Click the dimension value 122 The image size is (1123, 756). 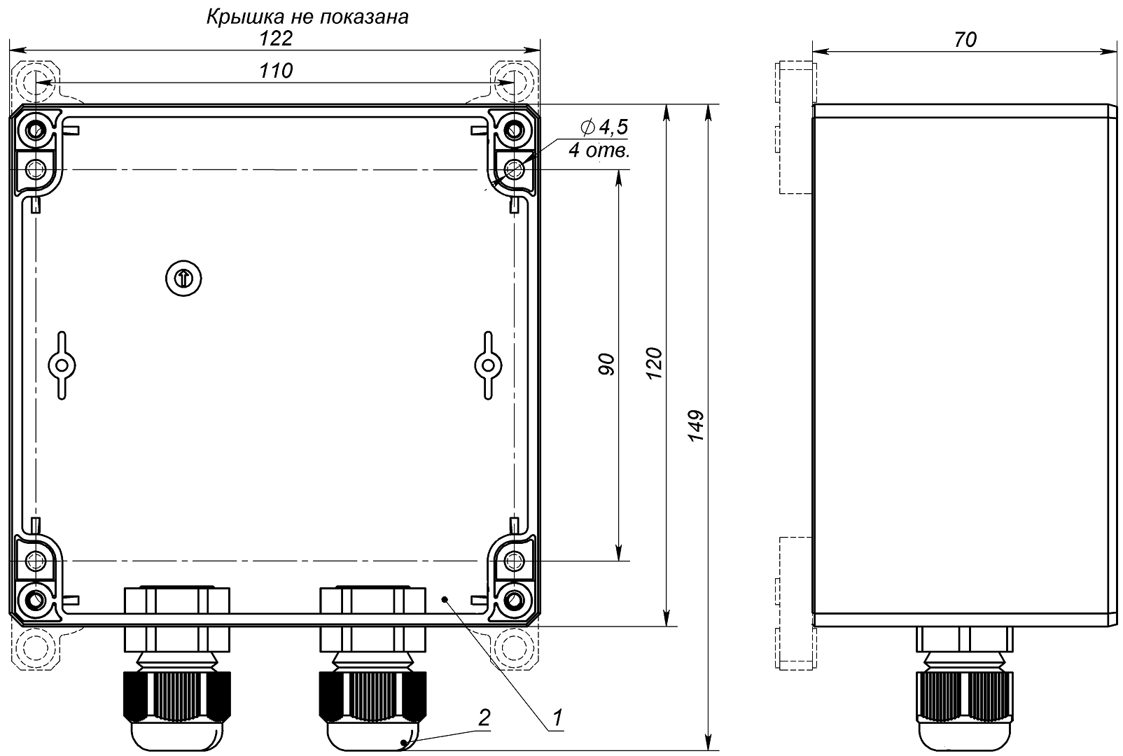276,38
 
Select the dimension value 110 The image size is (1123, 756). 276,71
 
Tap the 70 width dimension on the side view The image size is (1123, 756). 965,40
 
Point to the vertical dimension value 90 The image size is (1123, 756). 606,365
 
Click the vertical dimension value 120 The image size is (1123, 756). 654,363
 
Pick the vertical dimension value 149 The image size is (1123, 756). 696,426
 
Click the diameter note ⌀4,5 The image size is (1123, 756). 604,127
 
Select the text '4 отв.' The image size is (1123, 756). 599,150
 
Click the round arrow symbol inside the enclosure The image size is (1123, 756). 183,278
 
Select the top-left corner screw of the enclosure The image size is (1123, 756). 36,132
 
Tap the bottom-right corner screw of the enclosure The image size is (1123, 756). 514,599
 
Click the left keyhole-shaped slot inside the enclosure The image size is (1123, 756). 62,365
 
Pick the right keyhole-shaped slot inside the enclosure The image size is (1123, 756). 488,365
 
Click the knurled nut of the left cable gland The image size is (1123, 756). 177,696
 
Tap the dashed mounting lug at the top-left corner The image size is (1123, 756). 35,81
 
